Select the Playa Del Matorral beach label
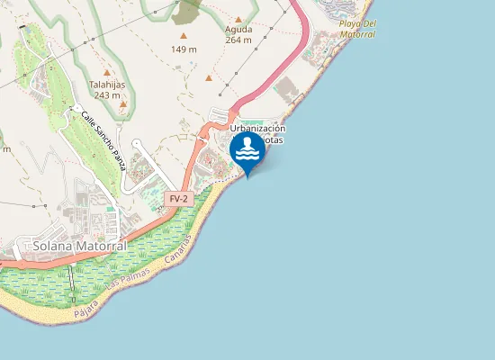[357, 28]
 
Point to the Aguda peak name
[238, 29]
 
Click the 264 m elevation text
[238, 40]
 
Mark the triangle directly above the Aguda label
[238, 18]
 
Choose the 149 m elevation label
[184, 49]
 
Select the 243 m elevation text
[106, 94]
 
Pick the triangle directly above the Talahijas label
[106, 73]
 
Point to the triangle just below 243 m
[122, 104]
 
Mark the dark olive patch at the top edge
[188, 9]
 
